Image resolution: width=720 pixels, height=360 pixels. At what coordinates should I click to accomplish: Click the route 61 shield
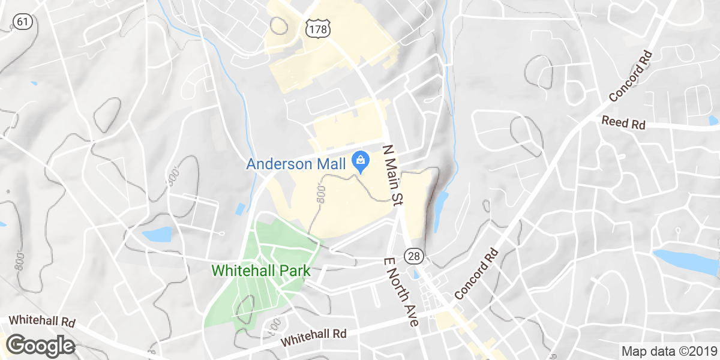pyautogui.click(x=22, y=22)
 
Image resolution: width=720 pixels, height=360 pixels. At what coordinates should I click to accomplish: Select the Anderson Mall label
pyautogui.click(x=296, y=164)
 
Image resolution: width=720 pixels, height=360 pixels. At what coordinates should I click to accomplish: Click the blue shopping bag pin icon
pyautogui.click(x=360, y=161)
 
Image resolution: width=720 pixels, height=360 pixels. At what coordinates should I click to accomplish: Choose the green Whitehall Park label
pyautogui.click(x=261, y=271)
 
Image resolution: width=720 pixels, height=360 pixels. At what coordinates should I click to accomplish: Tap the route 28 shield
pyautogui.click(x=414, y=256)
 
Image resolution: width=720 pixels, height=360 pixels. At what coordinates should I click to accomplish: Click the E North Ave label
pyautogui.click(x=400, y=292)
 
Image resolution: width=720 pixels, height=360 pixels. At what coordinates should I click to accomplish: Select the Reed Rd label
pyautogui.click(x=623, y=124)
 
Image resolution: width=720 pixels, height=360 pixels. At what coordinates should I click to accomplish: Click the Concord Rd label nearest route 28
pyautogui.click(x=477, y=274)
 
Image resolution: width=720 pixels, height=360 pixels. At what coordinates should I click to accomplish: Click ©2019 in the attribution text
pyautogui.click(x=695, y=351)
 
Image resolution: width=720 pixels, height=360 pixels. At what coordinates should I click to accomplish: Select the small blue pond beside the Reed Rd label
pyautogui.click(x=713, y=121)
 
